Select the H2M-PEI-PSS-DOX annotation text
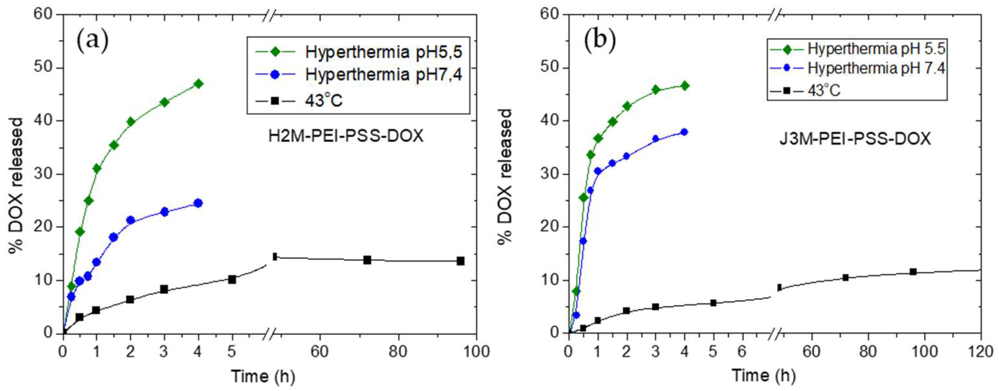346,136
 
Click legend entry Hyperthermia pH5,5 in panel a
383,52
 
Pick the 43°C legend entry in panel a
323,101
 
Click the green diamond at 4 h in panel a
199,84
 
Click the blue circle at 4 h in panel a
198,203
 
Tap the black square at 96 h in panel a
460,261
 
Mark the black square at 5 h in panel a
232,279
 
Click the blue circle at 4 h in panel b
684,132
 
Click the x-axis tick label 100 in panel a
476,352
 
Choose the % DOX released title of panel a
16,175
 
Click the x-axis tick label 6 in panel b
741,352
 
